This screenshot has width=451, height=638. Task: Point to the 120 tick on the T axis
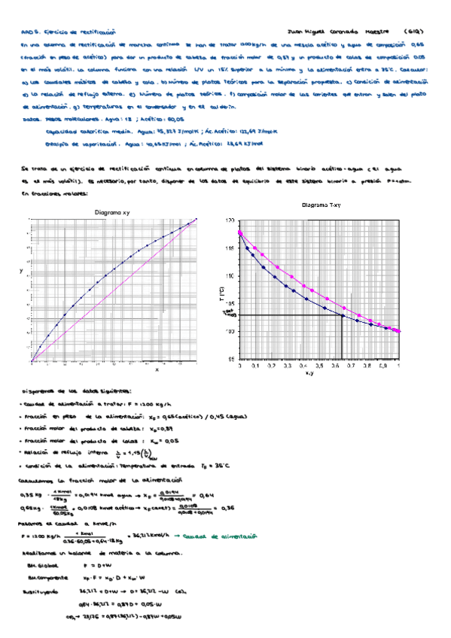[x=230, y=220]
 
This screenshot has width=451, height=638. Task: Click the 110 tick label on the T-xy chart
[x=230, y=276]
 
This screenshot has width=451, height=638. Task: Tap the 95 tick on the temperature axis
[x=230, y=359]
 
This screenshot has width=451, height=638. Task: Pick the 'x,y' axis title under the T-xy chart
[x=309, y=372]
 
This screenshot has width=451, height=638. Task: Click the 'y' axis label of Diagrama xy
[x=20, y=269]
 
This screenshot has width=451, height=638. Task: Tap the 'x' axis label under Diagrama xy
[x=157, y=369]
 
